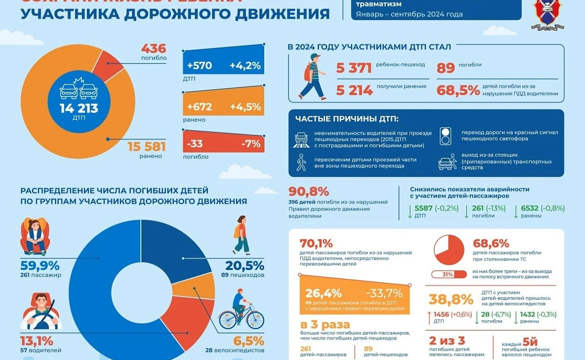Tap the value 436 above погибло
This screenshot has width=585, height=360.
[153, 49]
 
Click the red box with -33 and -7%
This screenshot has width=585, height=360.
[223, 144]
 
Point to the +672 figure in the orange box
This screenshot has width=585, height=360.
[199, 107]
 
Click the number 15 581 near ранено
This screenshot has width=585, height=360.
[146, 147]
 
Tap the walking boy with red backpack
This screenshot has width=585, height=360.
[312, 77]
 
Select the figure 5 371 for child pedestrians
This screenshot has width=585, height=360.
[354, 68]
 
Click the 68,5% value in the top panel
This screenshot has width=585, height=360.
[458, 90]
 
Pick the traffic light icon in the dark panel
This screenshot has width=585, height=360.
[445, 136]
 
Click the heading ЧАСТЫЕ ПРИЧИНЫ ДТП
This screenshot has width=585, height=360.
[346, 119]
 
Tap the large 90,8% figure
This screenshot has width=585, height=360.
[309, 191]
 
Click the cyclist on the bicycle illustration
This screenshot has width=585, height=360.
[241, 310]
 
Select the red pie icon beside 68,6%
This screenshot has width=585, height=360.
[449, 250]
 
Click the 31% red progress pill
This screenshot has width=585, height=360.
[449, 274]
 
